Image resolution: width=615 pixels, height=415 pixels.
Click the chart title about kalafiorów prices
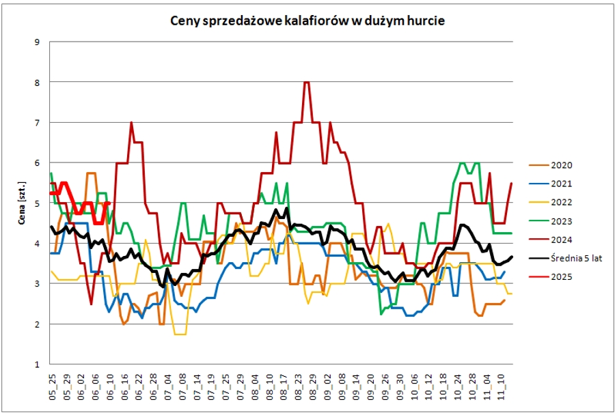click(x=307, y=21)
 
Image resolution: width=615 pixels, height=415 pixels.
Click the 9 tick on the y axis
click(x=37, y=42)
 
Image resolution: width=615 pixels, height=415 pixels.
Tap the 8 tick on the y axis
click(x=37, y=83)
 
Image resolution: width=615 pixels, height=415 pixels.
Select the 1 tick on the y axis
click(x=37, y=364)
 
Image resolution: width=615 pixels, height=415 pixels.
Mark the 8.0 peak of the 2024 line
click(x=307, y=83)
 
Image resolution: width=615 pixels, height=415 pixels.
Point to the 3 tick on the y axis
click(x=37, y=284)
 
